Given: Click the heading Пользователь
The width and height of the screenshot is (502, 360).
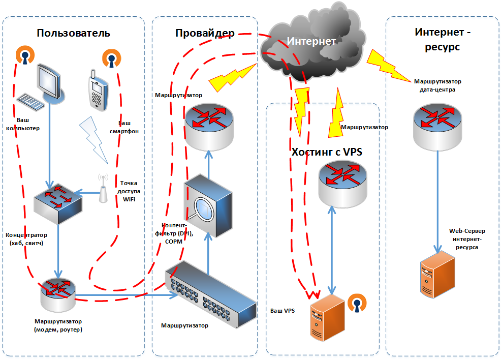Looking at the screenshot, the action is tap(73, 33).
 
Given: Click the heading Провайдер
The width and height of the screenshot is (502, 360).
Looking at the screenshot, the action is tap(205, 33).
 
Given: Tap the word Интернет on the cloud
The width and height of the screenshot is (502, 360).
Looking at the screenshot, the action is tap(311, 41).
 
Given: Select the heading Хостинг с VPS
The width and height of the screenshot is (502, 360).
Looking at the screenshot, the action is tap(327, 152).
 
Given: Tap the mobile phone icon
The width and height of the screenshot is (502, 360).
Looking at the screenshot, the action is tap(98, 91).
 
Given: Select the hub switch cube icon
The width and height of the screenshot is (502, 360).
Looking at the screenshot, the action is tap(58, 204).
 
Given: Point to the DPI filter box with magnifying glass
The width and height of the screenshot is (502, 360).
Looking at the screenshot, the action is tap(208, 206).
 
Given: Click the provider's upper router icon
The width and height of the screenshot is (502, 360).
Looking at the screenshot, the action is tap(209, 127).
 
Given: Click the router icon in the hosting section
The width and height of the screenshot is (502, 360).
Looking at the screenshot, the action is tap(343, 184).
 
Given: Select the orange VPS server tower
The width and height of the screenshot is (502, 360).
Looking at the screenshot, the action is tap(327, 318).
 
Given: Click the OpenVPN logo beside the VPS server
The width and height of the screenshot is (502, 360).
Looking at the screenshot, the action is tap(357, 303).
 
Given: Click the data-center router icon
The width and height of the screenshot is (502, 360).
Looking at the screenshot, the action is tap(437, 127).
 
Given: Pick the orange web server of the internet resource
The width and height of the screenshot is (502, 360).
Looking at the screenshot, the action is tap(437, 274).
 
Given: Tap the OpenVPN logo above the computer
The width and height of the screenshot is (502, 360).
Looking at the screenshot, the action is tap(25, 55).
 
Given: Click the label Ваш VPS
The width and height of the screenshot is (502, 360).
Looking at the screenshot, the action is tap(283, 311).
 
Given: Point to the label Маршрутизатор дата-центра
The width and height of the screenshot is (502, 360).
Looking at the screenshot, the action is tap(437, 85).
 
